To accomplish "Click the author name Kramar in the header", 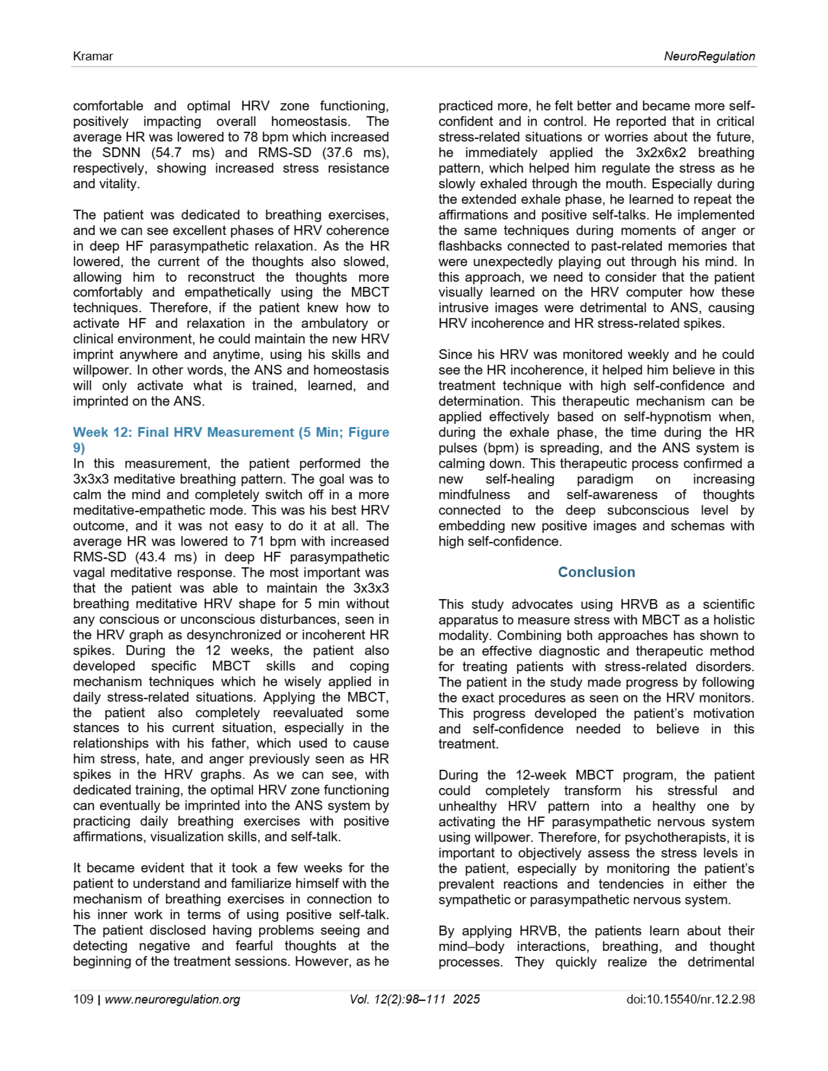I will [93, 56].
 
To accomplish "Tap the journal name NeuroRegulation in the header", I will [709, 56].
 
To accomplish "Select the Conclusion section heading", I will [597, 572].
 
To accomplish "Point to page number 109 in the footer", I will [83, 999].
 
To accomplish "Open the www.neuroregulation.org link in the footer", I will [172, 999].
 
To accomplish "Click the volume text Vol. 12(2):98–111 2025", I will [414, 999].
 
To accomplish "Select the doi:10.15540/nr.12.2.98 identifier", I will [690, 999].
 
